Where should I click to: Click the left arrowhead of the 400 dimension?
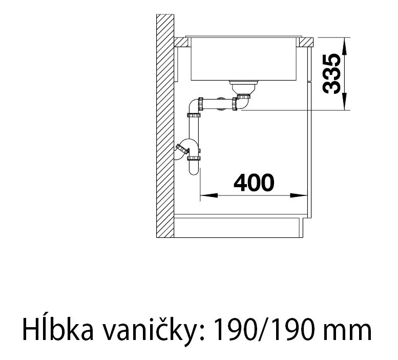(x=205, y=195)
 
